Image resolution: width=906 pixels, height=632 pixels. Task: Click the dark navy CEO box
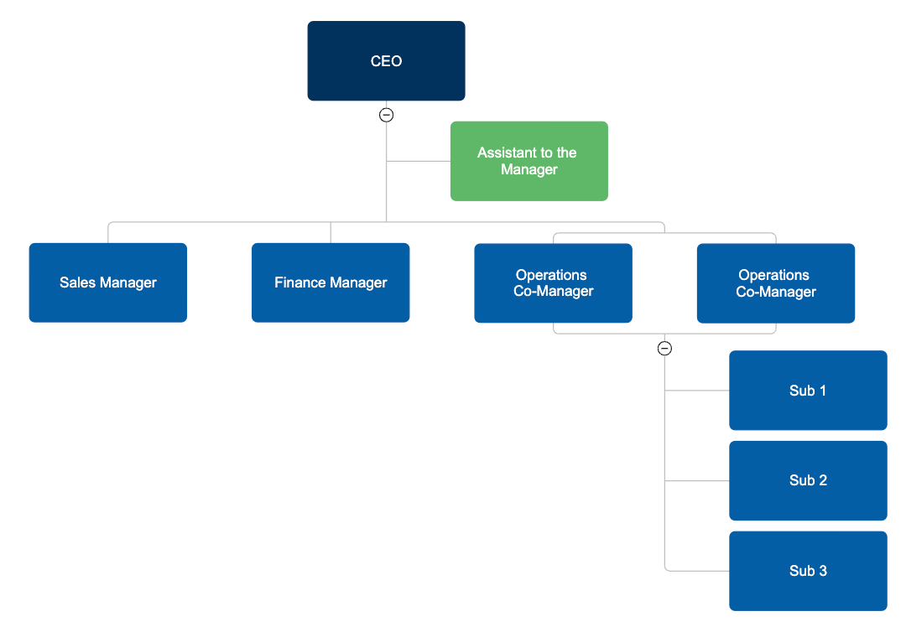click(x=386, y=61)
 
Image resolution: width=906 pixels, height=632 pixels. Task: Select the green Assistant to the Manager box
click(x=528, y=161)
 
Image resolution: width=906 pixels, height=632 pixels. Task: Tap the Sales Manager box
click(x=107, y=282)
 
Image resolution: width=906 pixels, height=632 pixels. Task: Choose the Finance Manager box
click(x=331, y=282)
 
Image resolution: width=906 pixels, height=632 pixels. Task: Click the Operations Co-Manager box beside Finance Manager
click(x=553, y=283)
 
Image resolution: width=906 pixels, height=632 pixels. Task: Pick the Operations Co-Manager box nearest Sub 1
click(x=775, y=283)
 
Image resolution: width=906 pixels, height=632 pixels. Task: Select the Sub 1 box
click(x=808, y=391)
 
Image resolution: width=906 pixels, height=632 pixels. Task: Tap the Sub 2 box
click(x=808, y=480)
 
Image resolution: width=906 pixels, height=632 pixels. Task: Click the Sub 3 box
click(x=808, y=571)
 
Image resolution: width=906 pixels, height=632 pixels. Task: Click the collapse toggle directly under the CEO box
click(x=386, y=116)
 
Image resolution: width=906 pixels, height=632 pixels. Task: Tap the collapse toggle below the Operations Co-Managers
click(x=664, y=349)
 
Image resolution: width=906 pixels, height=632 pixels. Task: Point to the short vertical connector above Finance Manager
click(x=331, y=232)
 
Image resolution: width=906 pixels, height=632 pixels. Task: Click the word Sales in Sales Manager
click(x=77, y=282)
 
